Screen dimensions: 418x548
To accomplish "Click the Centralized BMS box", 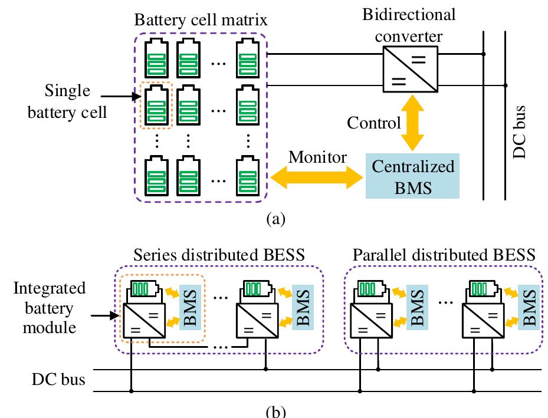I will click(413, 176).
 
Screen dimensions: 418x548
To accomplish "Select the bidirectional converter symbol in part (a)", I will click(410, 68).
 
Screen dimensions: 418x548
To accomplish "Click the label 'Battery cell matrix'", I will click(201, 19).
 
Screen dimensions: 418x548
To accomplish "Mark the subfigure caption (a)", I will click(275, 219).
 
